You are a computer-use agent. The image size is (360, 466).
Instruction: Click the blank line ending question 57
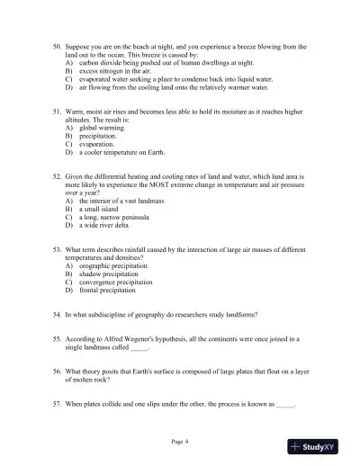[285, 406]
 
